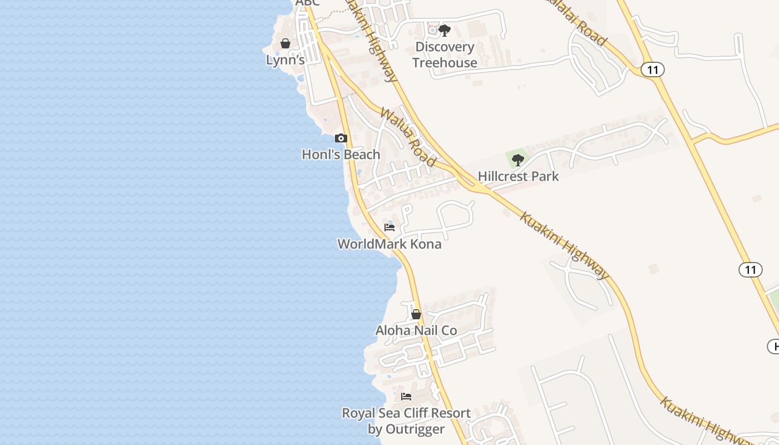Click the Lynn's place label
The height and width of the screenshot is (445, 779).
[x=285, y=60]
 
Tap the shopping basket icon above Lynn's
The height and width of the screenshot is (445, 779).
[x=285, y=43]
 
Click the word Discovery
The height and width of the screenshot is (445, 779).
[x=445, y=47]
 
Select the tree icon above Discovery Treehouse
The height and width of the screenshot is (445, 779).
[x=444, y=31]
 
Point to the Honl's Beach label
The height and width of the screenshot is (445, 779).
[x=341, y=155]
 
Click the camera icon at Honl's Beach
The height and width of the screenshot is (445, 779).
[x=341, y=138]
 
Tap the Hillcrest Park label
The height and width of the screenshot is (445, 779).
[x=518, y=177]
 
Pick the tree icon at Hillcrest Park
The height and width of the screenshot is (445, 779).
[x=518, y=160]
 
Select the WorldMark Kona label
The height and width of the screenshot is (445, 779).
[x=389, y=244]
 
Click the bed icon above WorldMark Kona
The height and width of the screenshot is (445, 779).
[x=389, y=228]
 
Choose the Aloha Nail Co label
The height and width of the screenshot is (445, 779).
[x=416, y=330]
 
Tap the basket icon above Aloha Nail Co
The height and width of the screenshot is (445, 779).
[x=416, y=314]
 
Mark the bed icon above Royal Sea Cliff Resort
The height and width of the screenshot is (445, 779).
[x=406, y=397]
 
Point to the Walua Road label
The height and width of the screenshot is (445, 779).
[x=408, y=137]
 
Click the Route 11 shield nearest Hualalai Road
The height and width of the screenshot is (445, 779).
[x=652, y=70]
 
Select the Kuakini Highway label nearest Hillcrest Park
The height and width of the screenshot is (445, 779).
[x=564, y=245]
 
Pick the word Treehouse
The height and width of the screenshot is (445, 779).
[x=445, y=63]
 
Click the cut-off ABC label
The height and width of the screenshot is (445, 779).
[x=308, y=3]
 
